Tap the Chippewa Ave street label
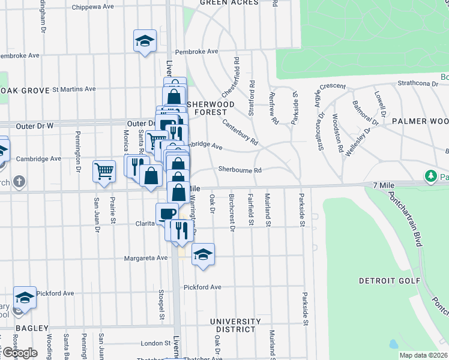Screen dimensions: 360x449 (x=92, y=7)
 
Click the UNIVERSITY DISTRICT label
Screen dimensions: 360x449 (x=235, y=325)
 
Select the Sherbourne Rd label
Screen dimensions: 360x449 (x=240, y=170)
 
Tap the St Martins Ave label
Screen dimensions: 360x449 (x=74, y=89)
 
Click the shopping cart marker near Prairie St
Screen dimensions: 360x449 (x=104, y=171)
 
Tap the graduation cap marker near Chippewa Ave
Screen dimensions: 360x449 (x=145, y=41)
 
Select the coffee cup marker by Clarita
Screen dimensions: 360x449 (x=167, y=214)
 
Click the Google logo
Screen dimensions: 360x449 (x=19, y=353)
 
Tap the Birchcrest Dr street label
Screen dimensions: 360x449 (x=232, y=211)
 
